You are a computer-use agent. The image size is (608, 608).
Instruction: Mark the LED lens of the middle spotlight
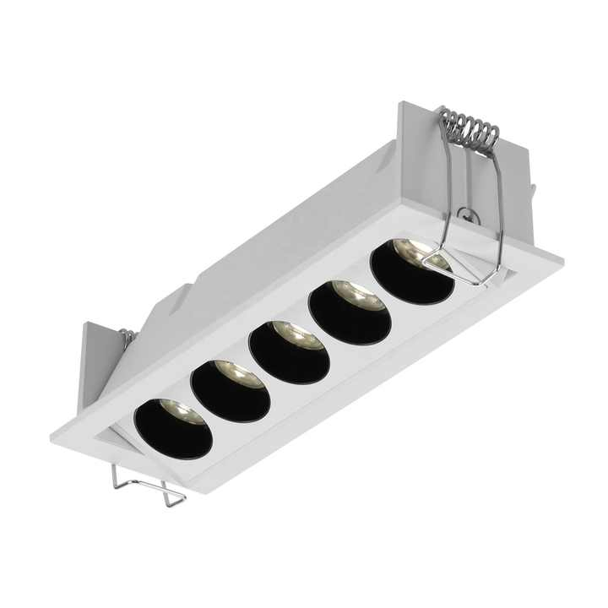pos(297,334)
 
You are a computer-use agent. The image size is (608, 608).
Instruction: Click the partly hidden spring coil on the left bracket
pos(128,338)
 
